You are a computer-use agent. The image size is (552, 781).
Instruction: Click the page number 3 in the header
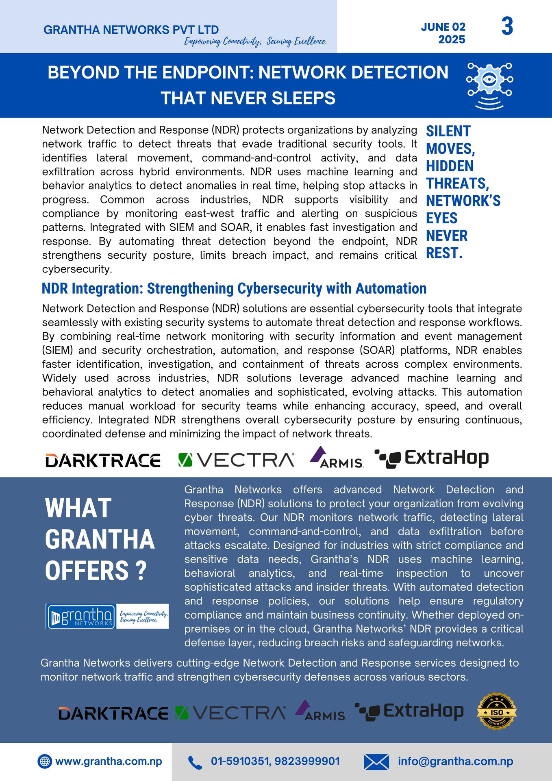coord(507,27)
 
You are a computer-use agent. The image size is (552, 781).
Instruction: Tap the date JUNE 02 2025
coord(443,33)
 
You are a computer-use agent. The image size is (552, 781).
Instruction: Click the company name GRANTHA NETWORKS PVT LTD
coord(131,30)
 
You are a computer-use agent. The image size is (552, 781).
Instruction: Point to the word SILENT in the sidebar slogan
coord(448,131)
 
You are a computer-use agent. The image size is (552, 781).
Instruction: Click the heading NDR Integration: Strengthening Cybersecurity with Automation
coord(234,288)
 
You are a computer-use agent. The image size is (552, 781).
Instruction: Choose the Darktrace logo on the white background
coord(103,460)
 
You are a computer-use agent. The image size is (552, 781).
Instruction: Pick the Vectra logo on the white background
coord(236,460)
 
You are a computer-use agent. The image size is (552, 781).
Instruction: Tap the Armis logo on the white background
coord(337,458)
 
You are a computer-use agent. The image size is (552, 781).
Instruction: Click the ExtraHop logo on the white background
coord(432,459)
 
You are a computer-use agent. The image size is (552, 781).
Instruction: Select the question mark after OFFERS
coord(141,571)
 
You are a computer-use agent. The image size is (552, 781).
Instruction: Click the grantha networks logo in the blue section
coord(81,616)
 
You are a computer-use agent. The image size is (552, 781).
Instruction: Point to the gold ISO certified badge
coord(496,711)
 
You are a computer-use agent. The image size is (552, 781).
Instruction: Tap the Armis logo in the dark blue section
coord(321,711)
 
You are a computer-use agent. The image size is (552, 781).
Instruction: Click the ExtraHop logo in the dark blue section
coord(409,711)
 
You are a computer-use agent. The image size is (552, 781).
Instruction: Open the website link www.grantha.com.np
coord(109,761)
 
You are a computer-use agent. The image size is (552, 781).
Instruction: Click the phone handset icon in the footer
coord(195,762)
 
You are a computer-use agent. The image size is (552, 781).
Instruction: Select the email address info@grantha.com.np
coord(455,761)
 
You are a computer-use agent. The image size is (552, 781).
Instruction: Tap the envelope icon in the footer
coord(376,762)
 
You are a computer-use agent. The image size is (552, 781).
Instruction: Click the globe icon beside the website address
coord(45,761)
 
